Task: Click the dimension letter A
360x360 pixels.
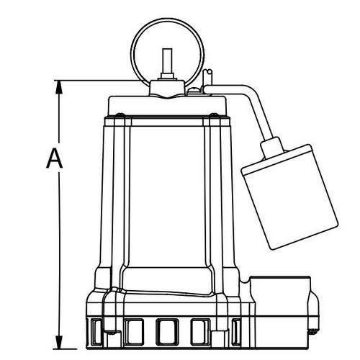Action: [x=55, y=158]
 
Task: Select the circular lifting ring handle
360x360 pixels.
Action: [x=131, y=53]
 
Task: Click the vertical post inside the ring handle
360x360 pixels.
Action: [x=167, y=61]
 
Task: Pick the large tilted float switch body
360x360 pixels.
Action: [x=289, y=197]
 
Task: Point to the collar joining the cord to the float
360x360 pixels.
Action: [x=273, y=147]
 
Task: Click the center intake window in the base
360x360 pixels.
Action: [x=167, y=332]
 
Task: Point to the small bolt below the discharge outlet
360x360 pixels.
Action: [x=311, y=333]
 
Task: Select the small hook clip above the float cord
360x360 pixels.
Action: [x=207, y=77]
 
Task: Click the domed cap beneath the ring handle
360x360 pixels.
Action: [x=167, y=88]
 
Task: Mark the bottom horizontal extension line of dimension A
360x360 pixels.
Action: [x=66, y=348]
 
